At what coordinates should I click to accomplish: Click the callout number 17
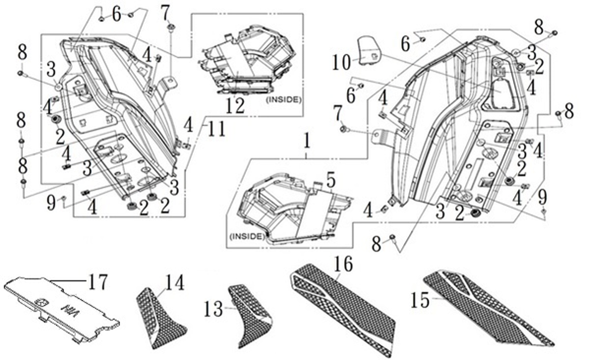(97, 282)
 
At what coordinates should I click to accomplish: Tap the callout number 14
(175, 283)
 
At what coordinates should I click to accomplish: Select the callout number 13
(213, 309)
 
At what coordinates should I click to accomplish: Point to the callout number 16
(343, 264)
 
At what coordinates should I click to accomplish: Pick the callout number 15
(420, 300)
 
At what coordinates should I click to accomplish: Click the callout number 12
(235, 105)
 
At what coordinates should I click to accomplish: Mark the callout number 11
(216, 129)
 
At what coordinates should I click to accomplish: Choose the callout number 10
(341, 63)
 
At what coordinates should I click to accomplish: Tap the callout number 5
(330, 181)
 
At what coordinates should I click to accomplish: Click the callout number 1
(307, 142)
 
